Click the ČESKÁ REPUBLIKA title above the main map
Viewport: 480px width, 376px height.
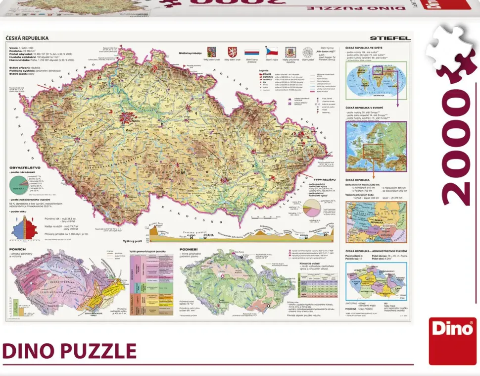tap(27, 38)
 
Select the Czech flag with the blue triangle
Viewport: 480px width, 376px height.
tap(271, 52)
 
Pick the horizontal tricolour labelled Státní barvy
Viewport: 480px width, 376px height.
tap(251, 52)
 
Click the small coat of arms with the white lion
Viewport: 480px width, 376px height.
tap(231, 52)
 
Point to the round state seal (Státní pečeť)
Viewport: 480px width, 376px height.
tap(307, 52)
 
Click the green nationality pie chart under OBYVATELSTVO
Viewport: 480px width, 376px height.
tap(17, 186)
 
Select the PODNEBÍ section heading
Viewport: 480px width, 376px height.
tap(189, 249)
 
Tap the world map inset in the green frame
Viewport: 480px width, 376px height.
tap(376, 80)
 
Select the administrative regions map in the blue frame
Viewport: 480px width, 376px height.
tap(376, 281)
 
